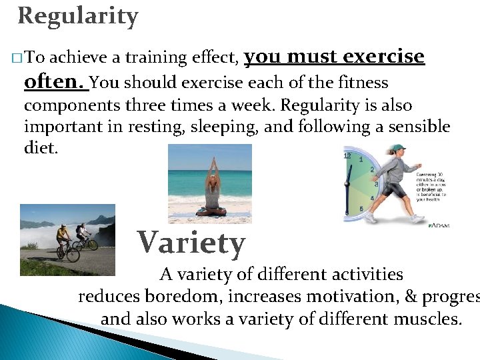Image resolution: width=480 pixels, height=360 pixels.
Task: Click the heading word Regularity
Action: point(78,16)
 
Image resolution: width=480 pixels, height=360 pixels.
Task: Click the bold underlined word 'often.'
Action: point(53,82)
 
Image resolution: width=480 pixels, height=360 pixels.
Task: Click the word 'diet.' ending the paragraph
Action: point(41,147)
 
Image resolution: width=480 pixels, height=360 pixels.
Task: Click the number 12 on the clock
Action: point(347,155)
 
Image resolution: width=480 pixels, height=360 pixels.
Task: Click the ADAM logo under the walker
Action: point(438,225)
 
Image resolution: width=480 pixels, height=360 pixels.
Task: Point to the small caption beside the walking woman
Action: point(433,186)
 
